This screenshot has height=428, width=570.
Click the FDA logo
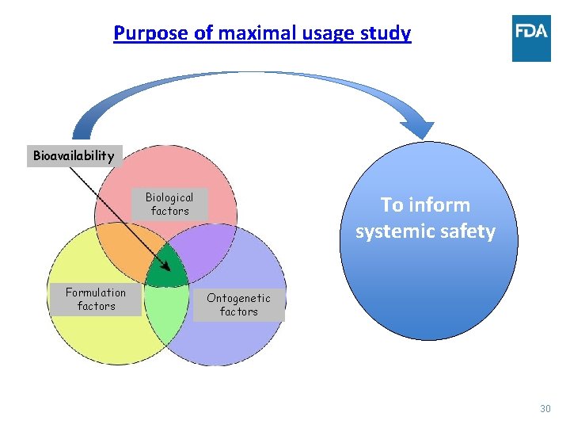coord(531,38)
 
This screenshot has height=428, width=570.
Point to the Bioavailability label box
coord(74,155)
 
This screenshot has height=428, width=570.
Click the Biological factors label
coord(169,204)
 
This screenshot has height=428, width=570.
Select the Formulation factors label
coord(96,299)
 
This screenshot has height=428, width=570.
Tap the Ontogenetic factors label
coord(238,304)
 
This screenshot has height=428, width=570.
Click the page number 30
coord(545,408)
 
